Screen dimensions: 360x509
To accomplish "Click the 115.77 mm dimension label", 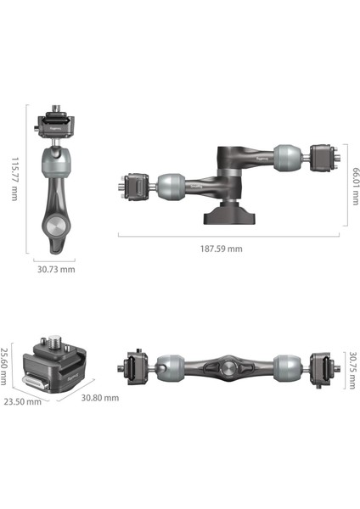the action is click(x=15, y=179).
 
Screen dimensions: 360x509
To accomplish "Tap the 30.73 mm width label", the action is click(x=56, y=270).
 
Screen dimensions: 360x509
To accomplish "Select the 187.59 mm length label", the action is click(x=222, y=249).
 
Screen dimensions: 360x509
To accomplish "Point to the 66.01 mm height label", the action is click(x=356, y=187).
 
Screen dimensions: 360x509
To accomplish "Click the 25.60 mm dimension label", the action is click(x=3, y=366).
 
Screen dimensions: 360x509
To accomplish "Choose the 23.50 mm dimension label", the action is click(x=22, y=402).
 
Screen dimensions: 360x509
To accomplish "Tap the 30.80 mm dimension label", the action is click(x=99, y=398).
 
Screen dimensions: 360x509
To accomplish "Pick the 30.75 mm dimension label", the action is click(x=352, y=371).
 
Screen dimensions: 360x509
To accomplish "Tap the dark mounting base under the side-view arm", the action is click(x=229, y=213).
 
